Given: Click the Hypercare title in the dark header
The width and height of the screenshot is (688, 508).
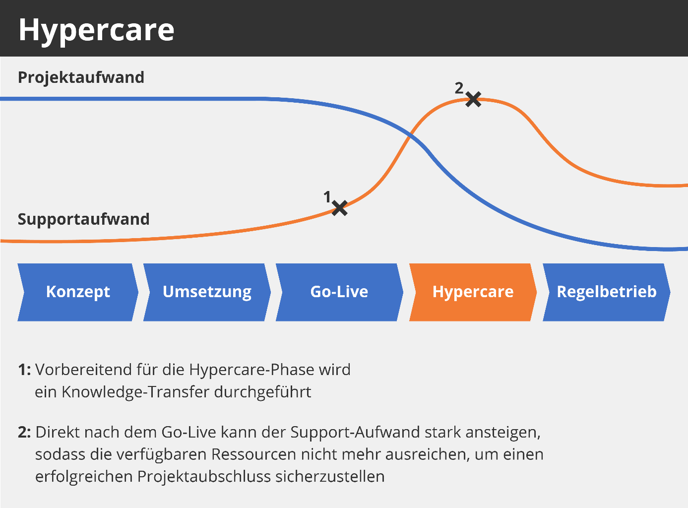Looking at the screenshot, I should point(96,30).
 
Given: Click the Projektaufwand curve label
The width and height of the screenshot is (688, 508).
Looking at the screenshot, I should point(81,77).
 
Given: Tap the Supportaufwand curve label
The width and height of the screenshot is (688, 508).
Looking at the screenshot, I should point(83,219).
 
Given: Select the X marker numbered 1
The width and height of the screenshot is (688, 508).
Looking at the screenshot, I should point(340,208).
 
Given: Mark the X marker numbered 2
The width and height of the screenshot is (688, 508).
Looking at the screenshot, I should point(474,99).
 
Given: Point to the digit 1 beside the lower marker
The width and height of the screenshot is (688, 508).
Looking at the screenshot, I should point(327,197).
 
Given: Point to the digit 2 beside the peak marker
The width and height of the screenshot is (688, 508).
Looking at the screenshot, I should point(459,88).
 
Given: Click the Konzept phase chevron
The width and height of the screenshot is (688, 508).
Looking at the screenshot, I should point(78,292).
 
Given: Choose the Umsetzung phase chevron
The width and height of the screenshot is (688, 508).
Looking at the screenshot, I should point(207,292).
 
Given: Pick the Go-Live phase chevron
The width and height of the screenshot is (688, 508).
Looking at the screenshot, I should point(339,292).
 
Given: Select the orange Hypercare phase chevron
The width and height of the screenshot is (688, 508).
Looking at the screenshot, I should point(473,292).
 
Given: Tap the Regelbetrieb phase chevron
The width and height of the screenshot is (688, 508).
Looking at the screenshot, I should point(606,292).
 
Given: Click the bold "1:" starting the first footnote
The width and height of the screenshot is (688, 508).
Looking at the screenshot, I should point(25,370).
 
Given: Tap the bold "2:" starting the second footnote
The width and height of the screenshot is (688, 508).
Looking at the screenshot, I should point(25,432).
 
